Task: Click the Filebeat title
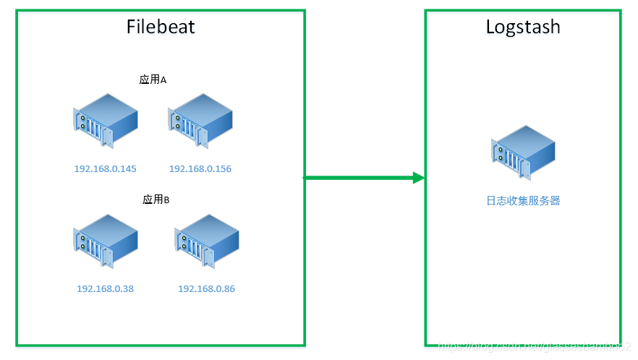click(x=161, y=27)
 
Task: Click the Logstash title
click(x=523, y=27)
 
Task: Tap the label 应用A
click(x=153, y=80)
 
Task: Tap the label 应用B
click(x=156, y=200)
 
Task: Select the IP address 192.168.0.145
click(x=105, y=169)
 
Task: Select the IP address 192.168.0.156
click(x=200, y=169)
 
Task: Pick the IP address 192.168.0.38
click(x=105, y=289)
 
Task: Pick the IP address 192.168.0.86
click(x=206, y=289)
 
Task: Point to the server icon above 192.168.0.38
click(x=105, y=241)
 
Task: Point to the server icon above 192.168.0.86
click(x=206, y=241)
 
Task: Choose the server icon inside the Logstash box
click(x=523, y=152)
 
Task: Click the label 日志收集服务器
click(x=523, y=201)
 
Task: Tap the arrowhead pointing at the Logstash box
click(x=417, y=178)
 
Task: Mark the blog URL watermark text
click(x=535, y=348)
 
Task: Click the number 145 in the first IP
click(x=128, y=169)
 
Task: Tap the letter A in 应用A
click(x=163, y=80)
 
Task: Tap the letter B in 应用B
click(x=166, y=200)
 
